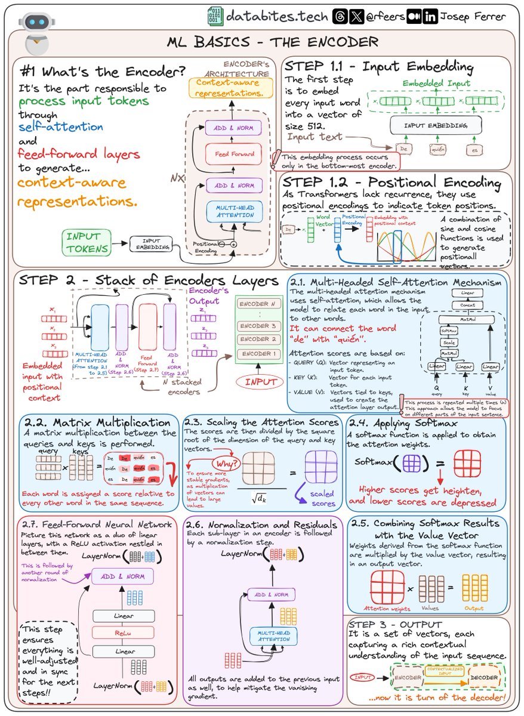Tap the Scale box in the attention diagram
449,342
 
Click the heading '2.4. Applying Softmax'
396,422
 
